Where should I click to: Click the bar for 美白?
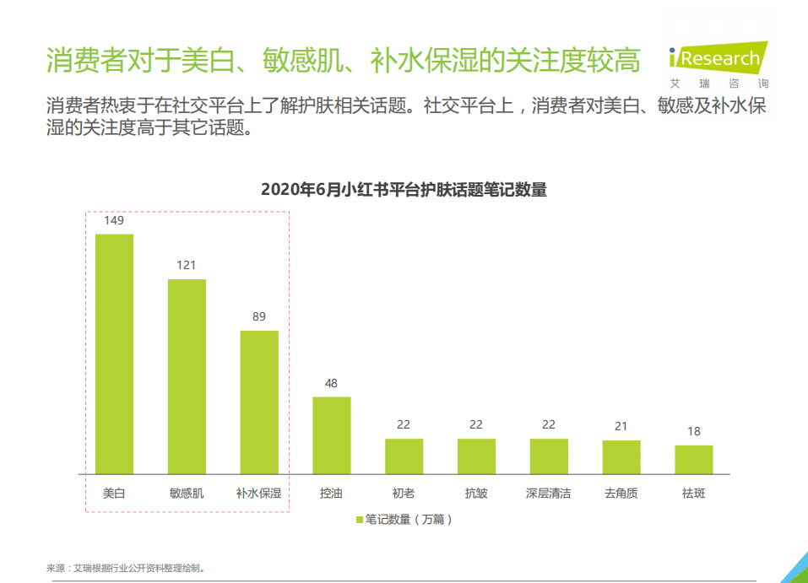coord(114,354)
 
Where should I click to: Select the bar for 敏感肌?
coord(187,376)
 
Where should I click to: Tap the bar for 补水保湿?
coord(259,402)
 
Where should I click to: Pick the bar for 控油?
coord(332,435)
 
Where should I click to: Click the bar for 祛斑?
coord(694,459)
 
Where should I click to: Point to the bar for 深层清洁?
coord(549,456)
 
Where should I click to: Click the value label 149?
coord(114,220)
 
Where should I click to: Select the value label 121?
coord(187,265)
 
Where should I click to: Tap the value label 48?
coord(332,383)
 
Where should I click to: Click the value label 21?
coord(621,426)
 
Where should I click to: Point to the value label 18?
coord(694,431)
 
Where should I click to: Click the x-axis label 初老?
coord(404,494)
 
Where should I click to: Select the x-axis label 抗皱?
coord(476,494)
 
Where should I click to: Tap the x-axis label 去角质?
coord(621,494)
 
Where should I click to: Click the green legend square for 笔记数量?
coord(359,520)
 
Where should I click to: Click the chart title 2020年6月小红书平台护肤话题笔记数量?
coord(404,190)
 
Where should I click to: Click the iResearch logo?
coord(718,57)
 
